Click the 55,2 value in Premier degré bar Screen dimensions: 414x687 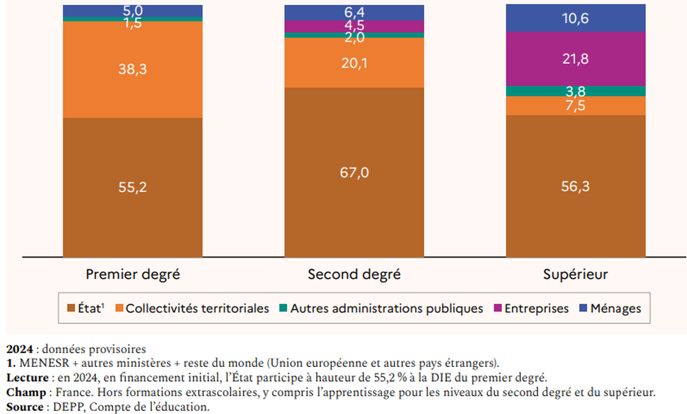pos(132,187)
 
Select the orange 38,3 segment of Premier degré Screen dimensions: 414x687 pos(132,69)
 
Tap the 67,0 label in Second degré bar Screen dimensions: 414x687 pos(354,172)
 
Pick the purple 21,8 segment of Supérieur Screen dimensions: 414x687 pos(576,59)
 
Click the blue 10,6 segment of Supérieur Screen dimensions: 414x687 pos(576,18)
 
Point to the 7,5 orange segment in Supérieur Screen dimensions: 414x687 pos(576,106)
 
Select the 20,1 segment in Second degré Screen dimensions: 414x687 pos(354,63)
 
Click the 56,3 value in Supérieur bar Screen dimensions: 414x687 pos(576,186)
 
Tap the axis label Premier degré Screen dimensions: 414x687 pos(132,275)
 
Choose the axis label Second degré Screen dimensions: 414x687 pos(354,275)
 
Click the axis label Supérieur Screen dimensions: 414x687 pos(575,275)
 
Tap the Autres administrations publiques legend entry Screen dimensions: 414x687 pos(386,308)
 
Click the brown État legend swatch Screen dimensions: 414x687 pos(71,308)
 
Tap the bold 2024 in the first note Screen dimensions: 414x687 pos(18,349)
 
